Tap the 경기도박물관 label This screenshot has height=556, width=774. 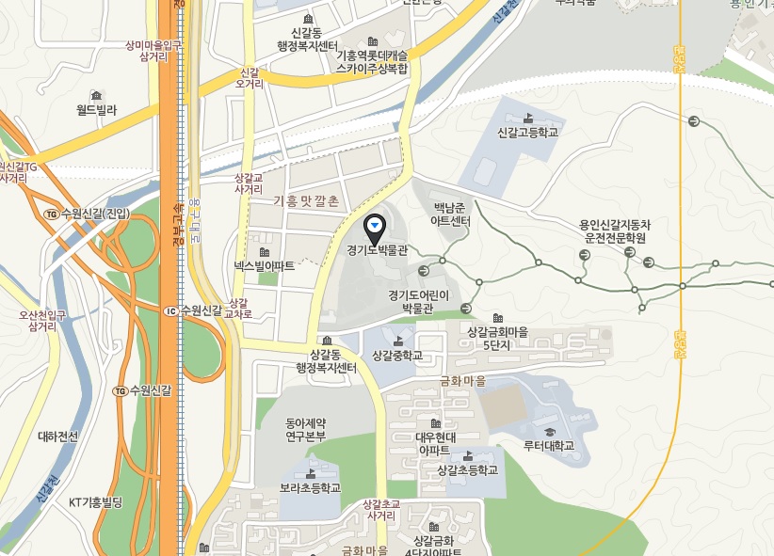[x=376, y=250]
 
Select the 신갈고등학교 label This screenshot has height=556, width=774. [x=527, y=133]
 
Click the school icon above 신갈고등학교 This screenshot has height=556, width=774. [x=527, y=118]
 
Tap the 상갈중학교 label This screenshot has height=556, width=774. [x=397, y=356]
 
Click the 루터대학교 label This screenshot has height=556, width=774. [x=549, y=445]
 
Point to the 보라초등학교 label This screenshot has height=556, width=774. [x=310, y=488]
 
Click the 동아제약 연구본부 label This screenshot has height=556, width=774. [x=305, y=428]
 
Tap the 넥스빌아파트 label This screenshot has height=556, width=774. [x=265, y=266]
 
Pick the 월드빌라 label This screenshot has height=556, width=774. [x=96, y=110]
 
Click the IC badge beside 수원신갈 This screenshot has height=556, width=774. [x=169, y=311]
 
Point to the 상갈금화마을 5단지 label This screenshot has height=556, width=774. [x=497, y=339]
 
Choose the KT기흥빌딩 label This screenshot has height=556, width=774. [x=96, y=501]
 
